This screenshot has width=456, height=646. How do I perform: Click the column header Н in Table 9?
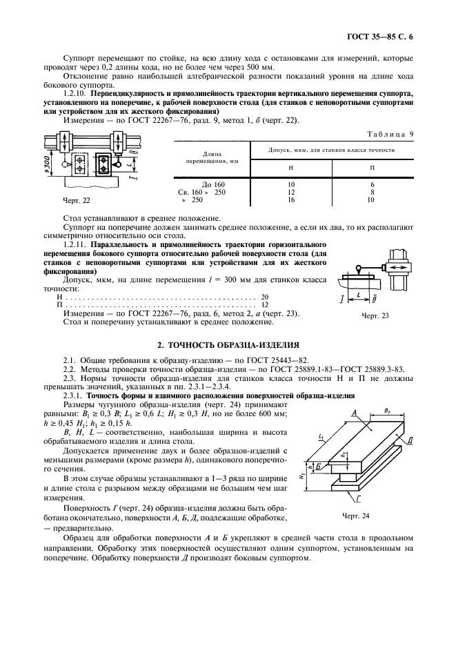click(x=290, y=167)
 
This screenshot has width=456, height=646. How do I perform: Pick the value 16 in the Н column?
click(x=290, y=199)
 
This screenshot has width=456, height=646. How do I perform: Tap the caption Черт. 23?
click(x=375, y=315)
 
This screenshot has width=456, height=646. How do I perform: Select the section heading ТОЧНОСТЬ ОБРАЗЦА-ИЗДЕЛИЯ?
click(x=235, y=344)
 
